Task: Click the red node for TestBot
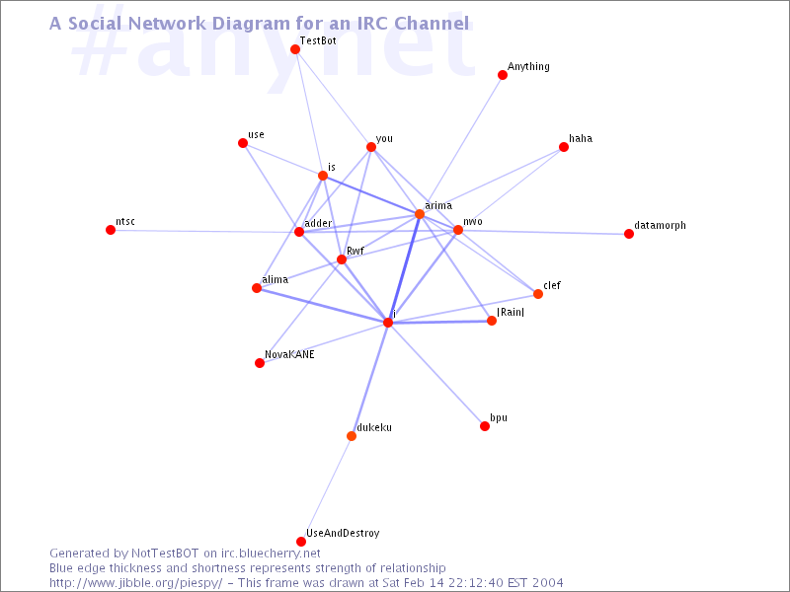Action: [295, 49]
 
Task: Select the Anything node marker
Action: [503, 75]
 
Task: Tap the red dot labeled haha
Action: [564, 147]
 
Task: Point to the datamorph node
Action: [629, 234]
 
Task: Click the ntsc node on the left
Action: [111, 230]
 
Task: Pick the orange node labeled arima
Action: [419, 214]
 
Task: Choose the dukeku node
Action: [352, 436]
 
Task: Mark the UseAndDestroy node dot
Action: [301, 542]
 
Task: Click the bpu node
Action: [485, 426]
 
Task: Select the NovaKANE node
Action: [260, 363]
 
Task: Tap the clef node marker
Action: [538, 294]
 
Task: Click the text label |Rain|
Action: [511, 312]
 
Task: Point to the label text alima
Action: [276, 279]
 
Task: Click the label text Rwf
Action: [355, 251]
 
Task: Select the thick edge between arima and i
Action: [404, 268]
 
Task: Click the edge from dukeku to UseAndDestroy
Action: [327, 488]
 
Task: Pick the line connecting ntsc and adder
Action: [205, 231]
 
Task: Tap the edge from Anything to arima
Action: [461, 144]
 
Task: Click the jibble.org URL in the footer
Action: [136, 583]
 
